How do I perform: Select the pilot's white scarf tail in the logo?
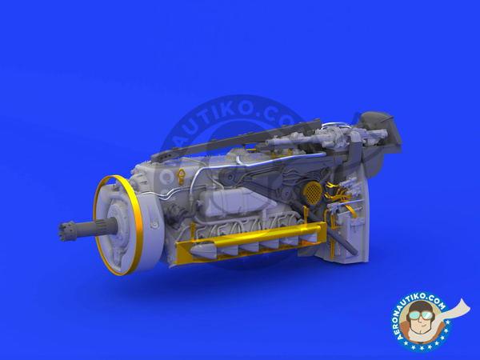point(461,309)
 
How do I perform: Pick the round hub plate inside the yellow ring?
point(128,228)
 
